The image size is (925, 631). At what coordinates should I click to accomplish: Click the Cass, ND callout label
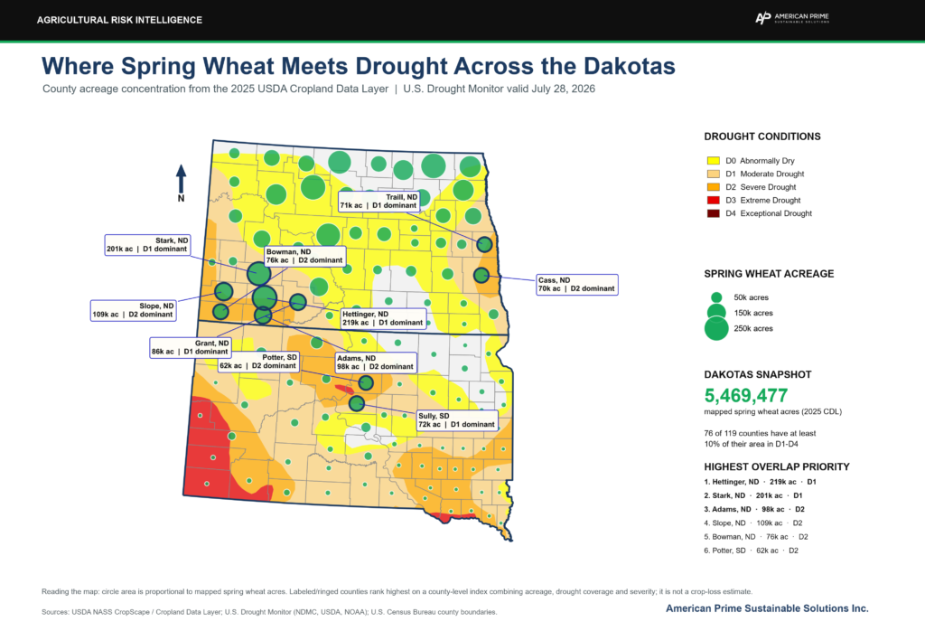pyautogui.click(x=577, y=285)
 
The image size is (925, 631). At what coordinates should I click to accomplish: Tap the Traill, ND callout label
pyautogui.click(x=378, y=202)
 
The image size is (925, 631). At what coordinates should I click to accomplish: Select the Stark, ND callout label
pyautogui.click(x=147, y=245)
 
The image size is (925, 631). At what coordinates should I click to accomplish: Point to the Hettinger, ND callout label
pyautogui.click(x=383, y=319)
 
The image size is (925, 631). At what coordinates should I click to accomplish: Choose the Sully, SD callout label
pyautogui.click(x=456, y=420)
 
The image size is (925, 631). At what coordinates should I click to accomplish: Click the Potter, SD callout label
pyautogui.click(x=258, y=362)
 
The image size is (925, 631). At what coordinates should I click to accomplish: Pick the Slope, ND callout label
pyautogui.click(x=134, y=310)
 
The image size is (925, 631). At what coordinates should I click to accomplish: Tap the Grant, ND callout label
pyautogui.click(x=190, y=348)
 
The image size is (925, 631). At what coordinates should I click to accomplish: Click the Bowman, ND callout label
pyautogui.click(x=304, y=256)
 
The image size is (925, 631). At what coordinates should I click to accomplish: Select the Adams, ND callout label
pyautogui.click(x=376, y=363)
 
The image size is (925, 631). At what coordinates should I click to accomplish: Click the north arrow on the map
pyautogui.click(x=181, y=179)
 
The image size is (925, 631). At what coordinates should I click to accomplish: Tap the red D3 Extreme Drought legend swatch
pyautogui.click(x=714, y=200)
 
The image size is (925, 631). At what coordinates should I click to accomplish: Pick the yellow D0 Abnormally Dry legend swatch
pyautogui.click(x=714, y=161)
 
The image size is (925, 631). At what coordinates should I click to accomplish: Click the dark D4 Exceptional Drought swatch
pyautogui.click(x=714, y=213)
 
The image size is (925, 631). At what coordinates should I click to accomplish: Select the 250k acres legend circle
pyautogui.click(x=716, y=329)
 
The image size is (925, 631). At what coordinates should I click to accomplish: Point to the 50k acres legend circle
pyautogui.click(x=716, y=297)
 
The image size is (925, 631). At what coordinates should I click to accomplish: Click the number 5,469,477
pyautogui.click(x=745, y=395)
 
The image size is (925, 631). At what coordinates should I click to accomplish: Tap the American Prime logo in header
pyautogui.click(x=792, y=18)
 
